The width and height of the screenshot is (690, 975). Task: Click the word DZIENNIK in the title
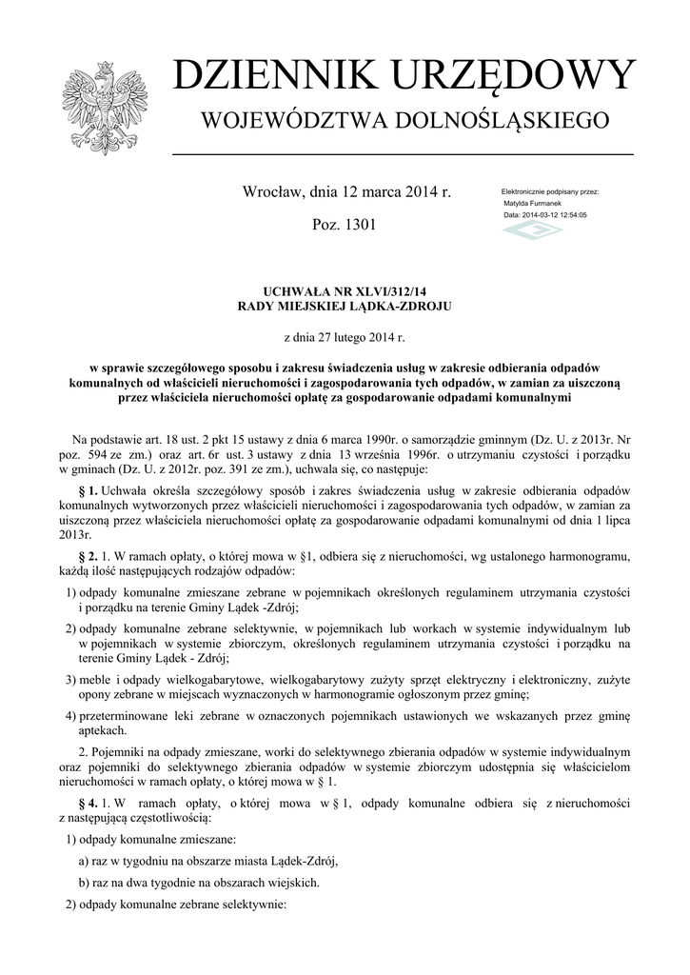pos(263,76)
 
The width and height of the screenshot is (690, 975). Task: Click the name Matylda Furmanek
pos(532,204)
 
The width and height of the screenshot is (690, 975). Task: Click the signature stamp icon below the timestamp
pos(532,230)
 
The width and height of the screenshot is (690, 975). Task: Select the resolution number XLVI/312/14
pos(386,290)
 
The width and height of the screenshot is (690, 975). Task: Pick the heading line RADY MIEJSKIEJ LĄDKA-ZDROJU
pos(344,306)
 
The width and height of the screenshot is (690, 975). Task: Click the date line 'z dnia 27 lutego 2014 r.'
pos(345,337)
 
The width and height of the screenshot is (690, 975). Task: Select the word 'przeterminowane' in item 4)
pos(121,715)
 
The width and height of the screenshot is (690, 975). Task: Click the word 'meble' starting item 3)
pos(95,680)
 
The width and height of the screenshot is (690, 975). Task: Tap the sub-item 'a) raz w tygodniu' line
pos(207,861)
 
